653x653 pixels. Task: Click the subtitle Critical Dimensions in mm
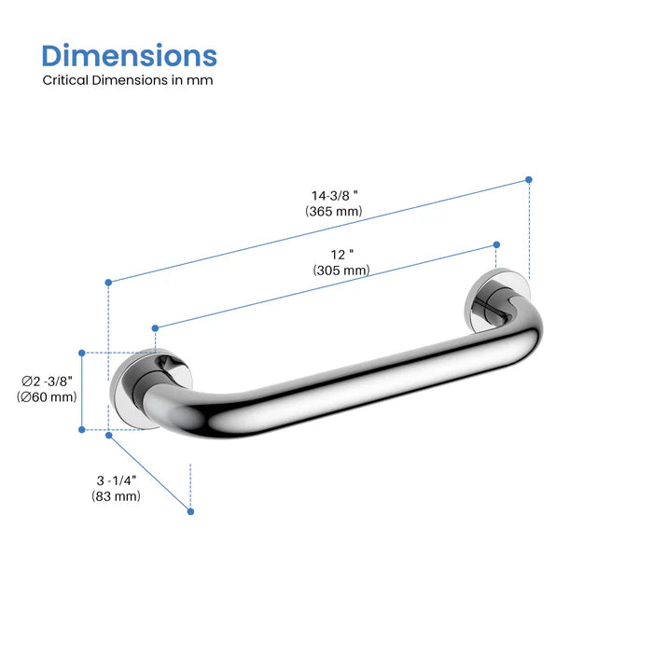point(128,80)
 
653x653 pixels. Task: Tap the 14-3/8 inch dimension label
point(334,195)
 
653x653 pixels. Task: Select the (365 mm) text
point(333,212)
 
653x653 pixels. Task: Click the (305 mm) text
point(341,271)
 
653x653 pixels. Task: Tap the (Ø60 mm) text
point(47,397)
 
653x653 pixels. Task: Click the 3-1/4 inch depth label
point(117,479)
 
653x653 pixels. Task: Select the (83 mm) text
point(117,496)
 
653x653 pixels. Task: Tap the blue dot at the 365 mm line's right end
point(529,179)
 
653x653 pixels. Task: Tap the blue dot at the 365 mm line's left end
point(108,282)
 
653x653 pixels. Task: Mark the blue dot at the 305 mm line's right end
point(496,245)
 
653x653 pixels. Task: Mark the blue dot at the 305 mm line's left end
point(155,327)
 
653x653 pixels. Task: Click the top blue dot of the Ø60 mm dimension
point(82,353)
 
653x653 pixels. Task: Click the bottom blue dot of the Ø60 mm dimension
point(82,430)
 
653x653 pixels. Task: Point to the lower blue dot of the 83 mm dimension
point(190,511)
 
